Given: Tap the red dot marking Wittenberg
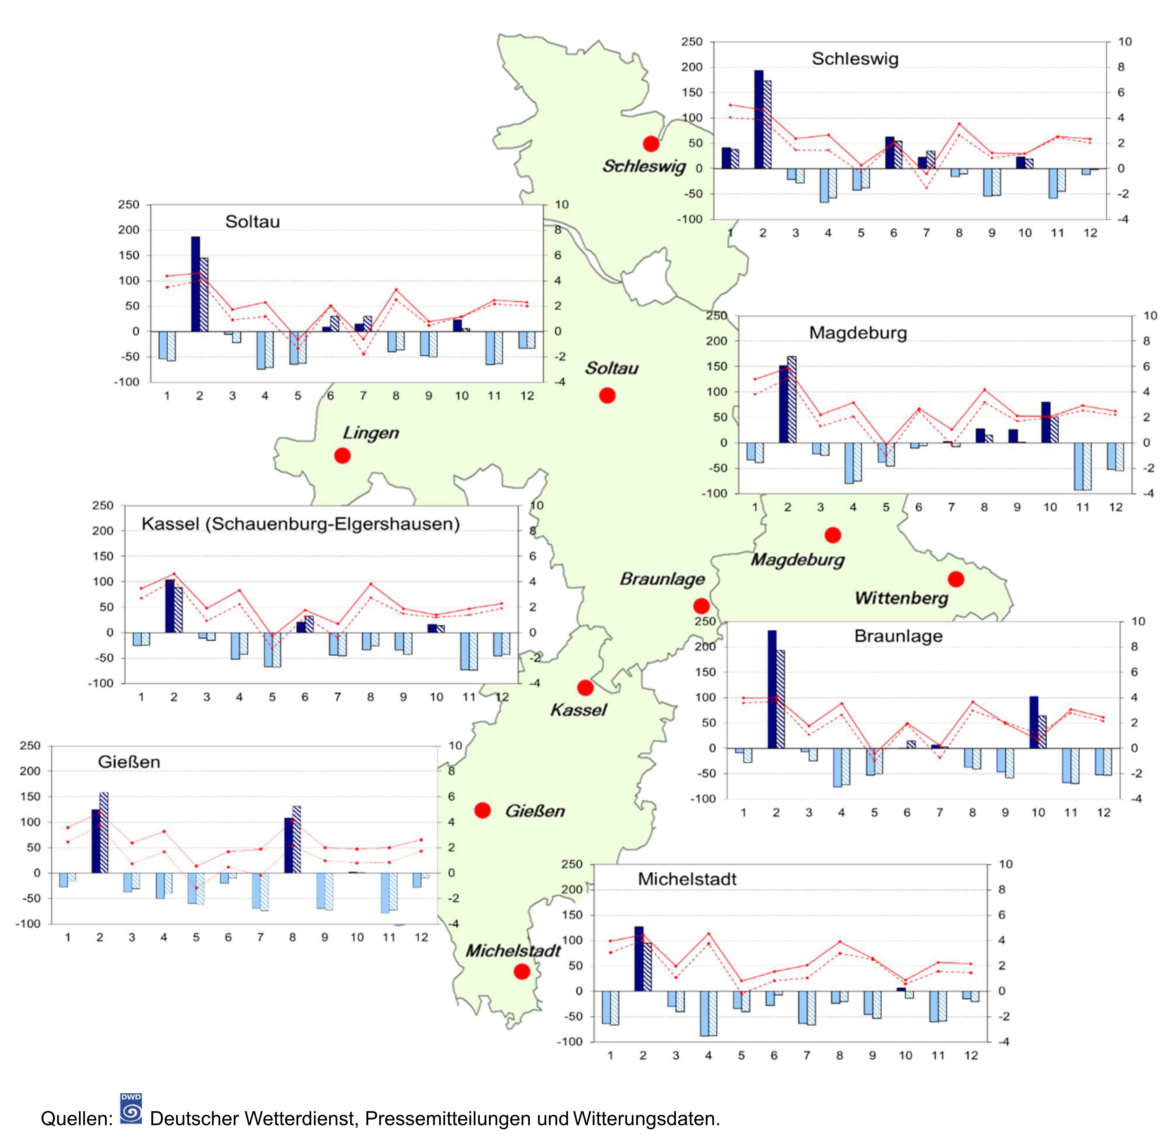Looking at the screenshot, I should click(x=956, y=579).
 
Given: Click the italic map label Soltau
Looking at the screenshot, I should click(x=611, y=368).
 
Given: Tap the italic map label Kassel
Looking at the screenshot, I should click(x=578, y=710).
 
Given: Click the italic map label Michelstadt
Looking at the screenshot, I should click(x=513, y=951).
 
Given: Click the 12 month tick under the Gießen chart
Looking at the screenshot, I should click(x=421, y=937).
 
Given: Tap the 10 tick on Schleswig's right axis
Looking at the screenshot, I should click(x=1125, y=42).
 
